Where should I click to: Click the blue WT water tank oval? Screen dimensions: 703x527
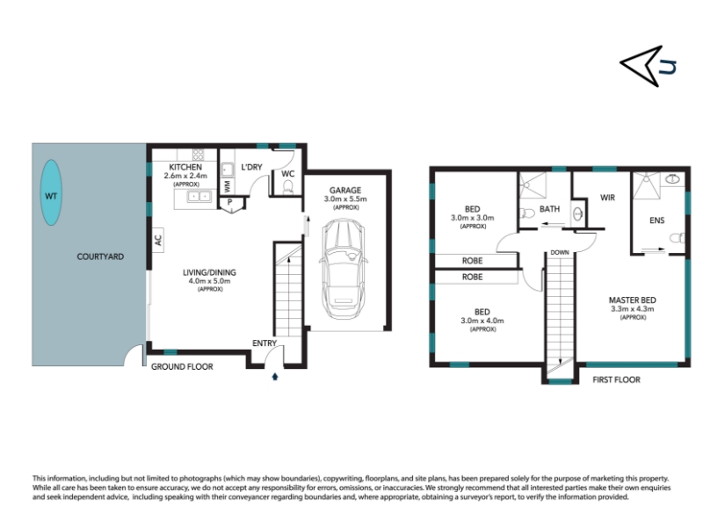(51, 192)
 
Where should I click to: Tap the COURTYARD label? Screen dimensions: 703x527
(100, 256)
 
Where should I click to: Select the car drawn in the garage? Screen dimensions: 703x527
(344, 269)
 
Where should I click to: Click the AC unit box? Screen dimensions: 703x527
(158, 240)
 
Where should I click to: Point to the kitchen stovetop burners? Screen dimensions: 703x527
(199, 155)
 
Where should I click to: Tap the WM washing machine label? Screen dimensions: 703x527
(228, 185)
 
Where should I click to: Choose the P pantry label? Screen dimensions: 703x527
(229, 202)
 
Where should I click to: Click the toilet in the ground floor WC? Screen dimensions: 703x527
(288, 188)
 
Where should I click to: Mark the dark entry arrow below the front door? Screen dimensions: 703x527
(275, 377)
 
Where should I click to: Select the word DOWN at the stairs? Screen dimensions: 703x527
(560, 252)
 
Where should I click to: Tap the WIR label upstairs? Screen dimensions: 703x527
(607, 198)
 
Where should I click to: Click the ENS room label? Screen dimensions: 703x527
(656, 220)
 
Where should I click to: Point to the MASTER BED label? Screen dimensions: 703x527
(632, 300)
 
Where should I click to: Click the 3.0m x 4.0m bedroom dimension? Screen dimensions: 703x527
(482, 321)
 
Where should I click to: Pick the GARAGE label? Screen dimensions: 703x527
(344, 191)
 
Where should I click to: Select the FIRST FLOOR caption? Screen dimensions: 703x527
(617, 380)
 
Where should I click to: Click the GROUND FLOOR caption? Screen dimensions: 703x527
(182, 366)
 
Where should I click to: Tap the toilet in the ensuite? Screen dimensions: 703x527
(677, 237)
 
